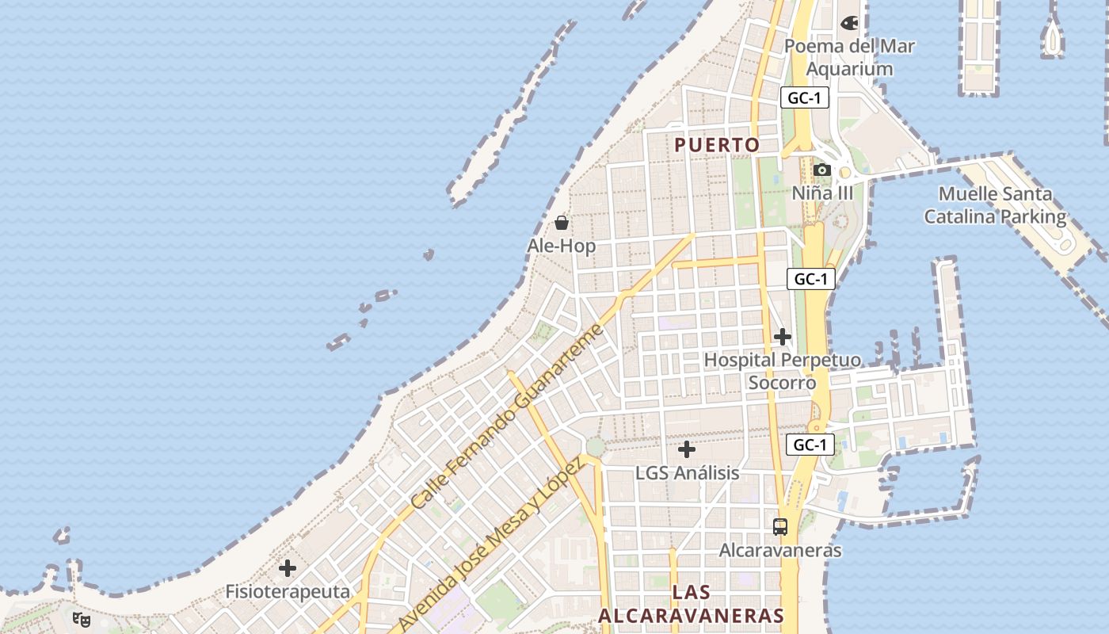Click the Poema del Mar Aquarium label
(x=849, y=57)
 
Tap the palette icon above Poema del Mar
(x=849, y=23)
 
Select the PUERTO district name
(x=717, y=145)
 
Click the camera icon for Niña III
(x=821, y=170)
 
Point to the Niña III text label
(x=823, y=193)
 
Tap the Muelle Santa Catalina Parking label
(x=995, y=205)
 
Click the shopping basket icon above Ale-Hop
(x=561, y=223)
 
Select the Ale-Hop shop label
(x=561, y=246)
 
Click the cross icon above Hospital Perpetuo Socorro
(x=782, y=337)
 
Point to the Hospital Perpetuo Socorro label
(x=782, y=371)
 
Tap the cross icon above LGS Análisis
(x=687, y=449)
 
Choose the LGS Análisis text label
(x=687, y=473)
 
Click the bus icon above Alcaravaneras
(x=780, y=526)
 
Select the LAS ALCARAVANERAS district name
(x=691, y=604)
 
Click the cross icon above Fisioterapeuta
(x=288, y=568)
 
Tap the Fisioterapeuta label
(x=288, y=592)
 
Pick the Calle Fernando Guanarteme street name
(x=507, y=417)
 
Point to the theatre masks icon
(x=81, y=619)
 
